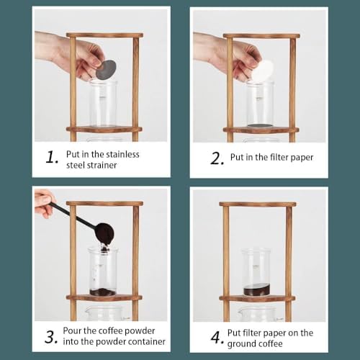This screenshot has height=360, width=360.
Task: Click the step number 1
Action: click(52, 158)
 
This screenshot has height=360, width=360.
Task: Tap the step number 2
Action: click(217, 158)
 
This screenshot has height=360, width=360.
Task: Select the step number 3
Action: click(51, 337)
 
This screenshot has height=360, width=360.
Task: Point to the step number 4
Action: click(217, 338)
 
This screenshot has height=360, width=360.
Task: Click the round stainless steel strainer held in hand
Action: click(106, 70)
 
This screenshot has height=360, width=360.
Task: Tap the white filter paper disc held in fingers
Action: click(264, 71)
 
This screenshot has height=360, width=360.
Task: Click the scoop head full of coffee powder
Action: click(104, 235)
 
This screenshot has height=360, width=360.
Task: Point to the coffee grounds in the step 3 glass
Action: click(103, 292)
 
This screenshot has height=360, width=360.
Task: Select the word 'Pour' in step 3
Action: click(71, 330)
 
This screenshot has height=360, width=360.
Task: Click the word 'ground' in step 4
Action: click(238, 344)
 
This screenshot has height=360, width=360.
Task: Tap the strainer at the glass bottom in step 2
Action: click(260, 126)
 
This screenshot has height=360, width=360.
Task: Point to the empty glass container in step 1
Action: click(104, 103)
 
